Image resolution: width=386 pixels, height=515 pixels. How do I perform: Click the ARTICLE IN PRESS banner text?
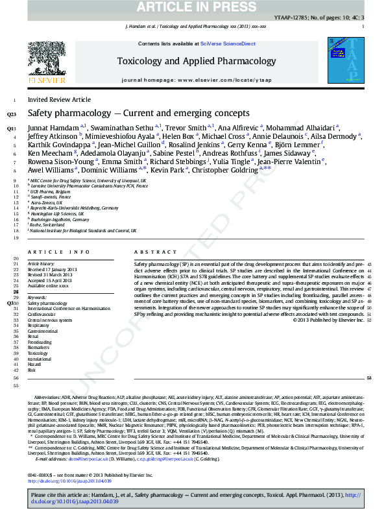click(x=193, y=7)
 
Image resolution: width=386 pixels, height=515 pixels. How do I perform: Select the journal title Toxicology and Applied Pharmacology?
click(x=196, y=61)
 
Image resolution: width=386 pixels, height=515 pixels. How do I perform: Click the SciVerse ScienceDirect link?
click(x=226, y=43)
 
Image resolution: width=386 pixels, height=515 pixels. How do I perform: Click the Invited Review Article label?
click(x=59, y=100)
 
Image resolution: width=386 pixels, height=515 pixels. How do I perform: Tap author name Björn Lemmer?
click(x=298, y=145)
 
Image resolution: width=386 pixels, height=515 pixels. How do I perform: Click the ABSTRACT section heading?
click(x=151, y=251)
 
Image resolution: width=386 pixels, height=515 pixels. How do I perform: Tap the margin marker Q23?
click(x=12, y=114)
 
